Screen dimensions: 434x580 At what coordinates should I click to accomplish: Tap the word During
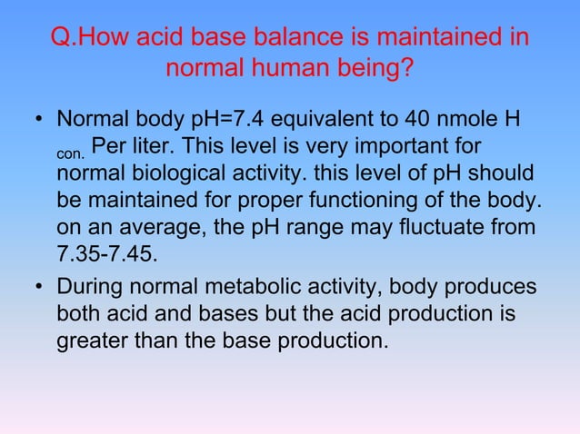coord(88,291)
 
